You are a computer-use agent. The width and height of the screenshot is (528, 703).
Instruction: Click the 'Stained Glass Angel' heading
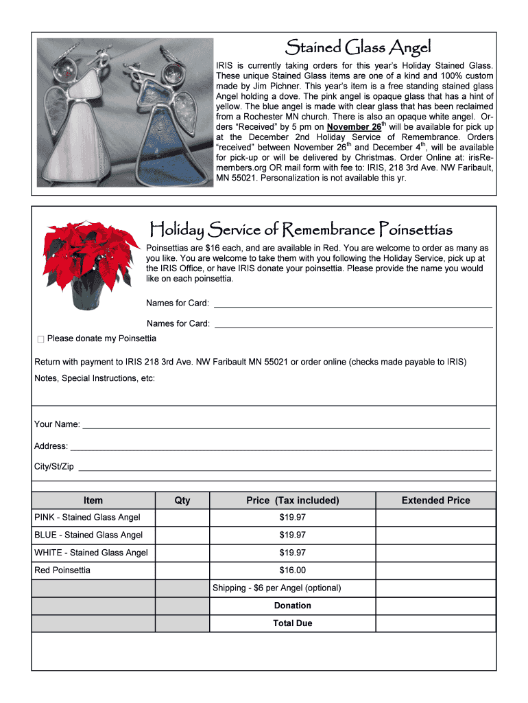[x=358, y=47]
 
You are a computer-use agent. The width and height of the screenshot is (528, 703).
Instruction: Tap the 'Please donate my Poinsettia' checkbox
[x=40, y=339]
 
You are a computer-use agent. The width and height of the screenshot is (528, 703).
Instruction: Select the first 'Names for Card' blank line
[x=352, y=304]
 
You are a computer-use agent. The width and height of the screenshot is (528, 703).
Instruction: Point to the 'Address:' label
[x=51, y=446]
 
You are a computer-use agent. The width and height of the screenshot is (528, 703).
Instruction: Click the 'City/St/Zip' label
[x=54, y=467]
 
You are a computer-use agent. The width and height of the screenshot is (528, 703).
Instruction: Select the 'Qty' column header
[x=182, y=500]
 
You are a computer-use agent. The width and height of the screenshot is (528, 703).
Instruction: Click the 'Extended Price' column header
[x=435, y=500]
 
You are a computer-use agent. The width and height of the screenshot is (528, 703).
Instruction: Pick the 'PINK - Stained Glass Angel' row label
[x=87, y=518]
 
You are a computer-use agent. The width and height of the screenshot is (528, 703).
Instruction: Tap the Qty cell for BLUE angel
[x=182, y=535]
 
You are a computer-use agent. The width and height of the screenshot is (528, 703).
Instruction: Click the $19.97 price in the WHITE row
[x=292, y=553]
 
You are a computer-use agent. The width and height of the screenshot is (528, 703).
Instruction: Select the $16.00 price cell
[x=292, y=571]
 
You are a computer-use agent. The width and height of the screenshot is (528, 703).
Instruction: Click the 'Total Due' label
[x=292, y=623]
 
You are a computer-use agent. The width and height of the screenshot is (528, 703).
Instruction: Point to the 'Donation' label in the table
[x=292, y=606]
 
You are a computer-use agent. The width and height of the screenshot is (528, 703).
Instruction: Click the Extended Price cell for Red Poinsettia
[x=435, y=571]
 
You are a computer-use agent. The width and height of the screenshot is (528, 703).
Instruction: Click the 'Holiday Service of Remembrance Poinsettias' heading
[x=301, y=229]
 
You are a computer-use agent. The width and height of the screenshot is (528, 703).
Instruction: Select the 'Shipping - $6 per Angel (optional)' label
[x=276, y=588]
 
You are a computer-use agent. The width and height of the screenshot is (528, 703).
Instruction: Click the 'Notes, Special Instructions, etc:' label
[x=95, y=378]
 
